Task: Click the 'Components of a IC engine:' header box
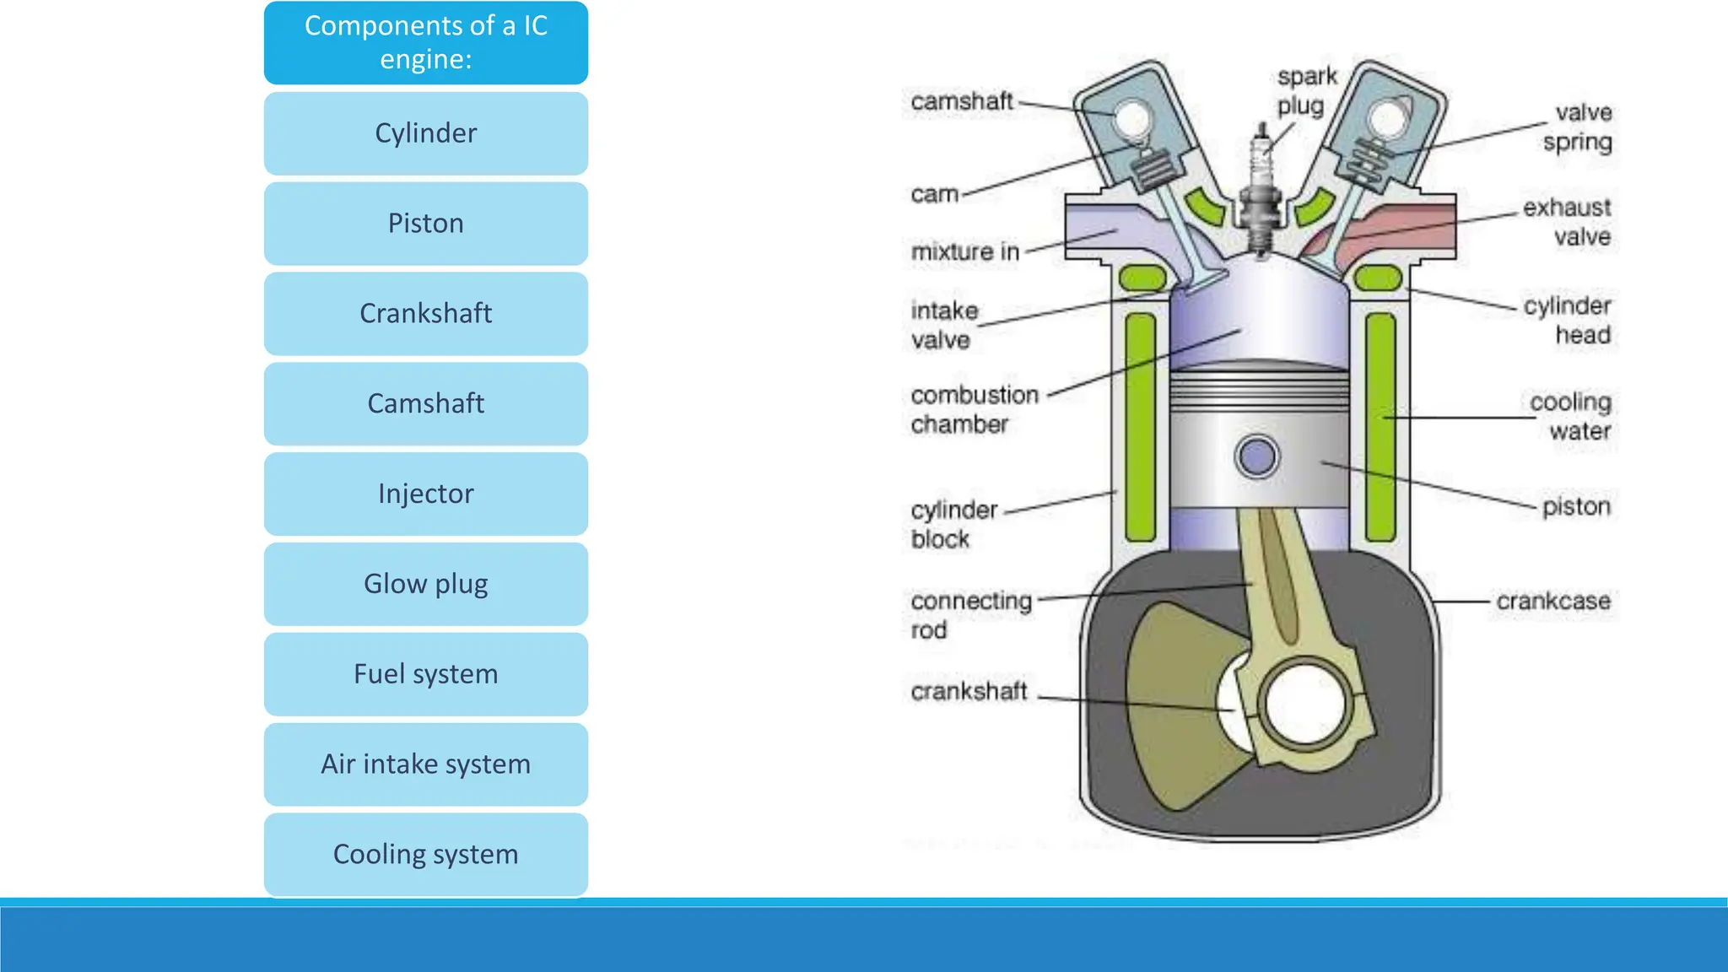pos(425,42)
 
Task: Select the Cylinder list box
pos(425,133)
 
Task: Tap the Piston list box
pos(425,224)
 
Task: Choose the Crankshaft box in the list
pos(425,314)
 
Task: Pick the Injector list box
pos(425,494)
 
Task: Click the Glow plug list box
pos(425,584)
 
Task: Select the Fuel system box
pos(425,674)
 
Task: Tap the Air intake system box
pos(425,764)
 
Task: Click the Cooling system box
pos(425,855)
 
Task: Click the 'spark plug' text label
pos(1305,91)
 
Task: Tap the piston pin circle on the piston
pos(1257,456)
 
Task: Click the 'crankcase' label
pos(1552,602)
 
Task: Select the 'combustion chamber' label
pos(974,409)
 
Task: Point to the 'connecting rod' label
pos(970,615)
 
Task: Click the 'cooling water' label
pos(1571,416)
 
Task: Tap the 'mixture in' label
pos(965,251)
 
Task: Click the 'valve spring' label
pos(1578,127)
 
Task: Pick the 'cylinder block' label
pos(953,524)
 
